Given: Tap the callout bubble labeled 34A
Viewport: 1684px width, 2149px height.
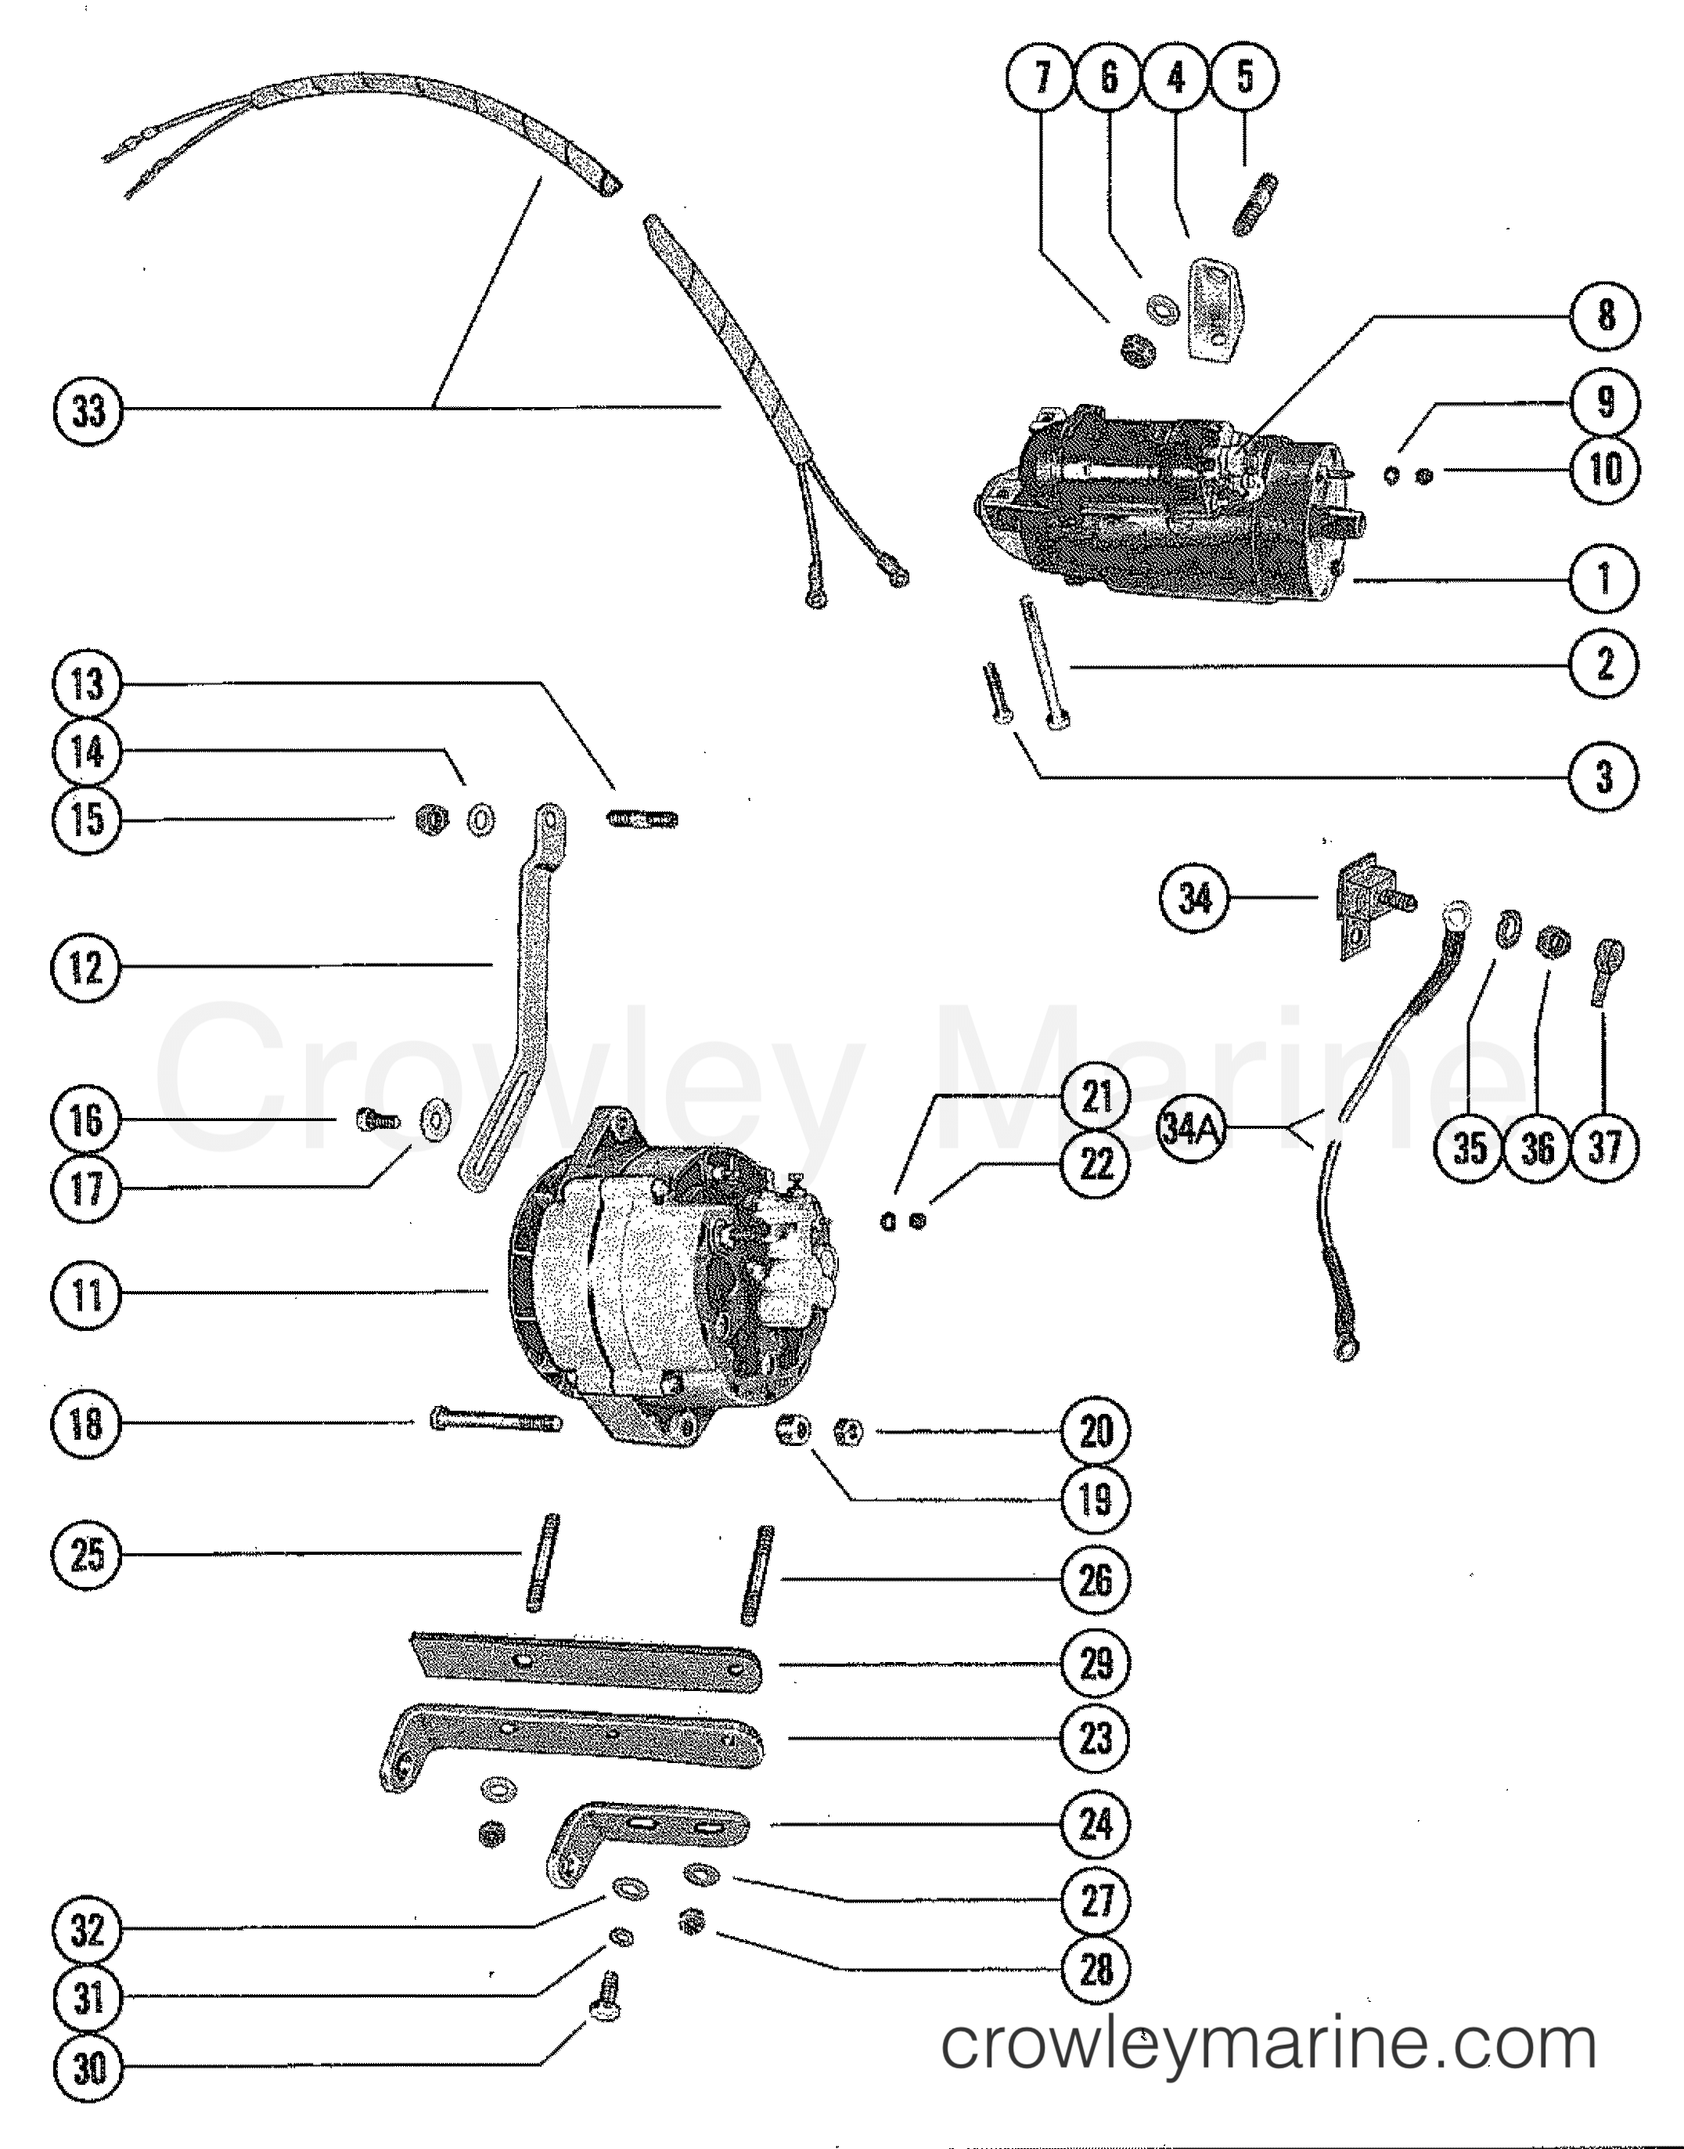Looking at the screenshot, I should click(1192, 1129).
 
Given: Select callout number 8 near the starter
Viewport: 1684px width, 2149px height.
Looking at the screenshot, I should click(1605, 315).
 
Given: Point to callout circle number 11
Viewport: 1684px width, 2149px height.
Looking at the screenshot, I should click(87, 1294).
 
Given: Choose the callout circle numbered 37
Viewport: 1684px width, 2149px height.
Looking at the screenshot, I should click(1605, 1147).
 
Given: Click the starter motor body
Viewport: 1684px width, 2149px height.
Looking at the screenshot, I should click(1164, 503).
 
